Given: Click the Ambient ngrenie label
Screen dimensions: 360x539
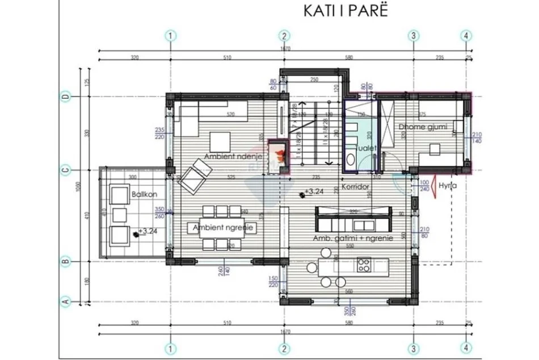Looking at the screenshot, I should (225, 228).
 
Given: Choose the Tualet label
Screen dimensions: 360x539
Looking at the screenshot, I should (366, 148).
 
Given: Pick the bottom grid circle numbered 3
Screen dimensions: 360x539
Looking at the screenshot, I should (414, 348).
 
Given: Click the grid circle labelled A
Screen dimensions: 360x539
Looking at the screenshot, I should (65, 302).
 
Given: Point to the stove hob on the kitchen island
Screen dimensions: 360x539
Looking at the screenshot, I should (364, 265).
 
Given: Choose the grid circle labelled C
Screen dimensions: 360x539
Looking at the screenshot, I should (65, 168).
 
